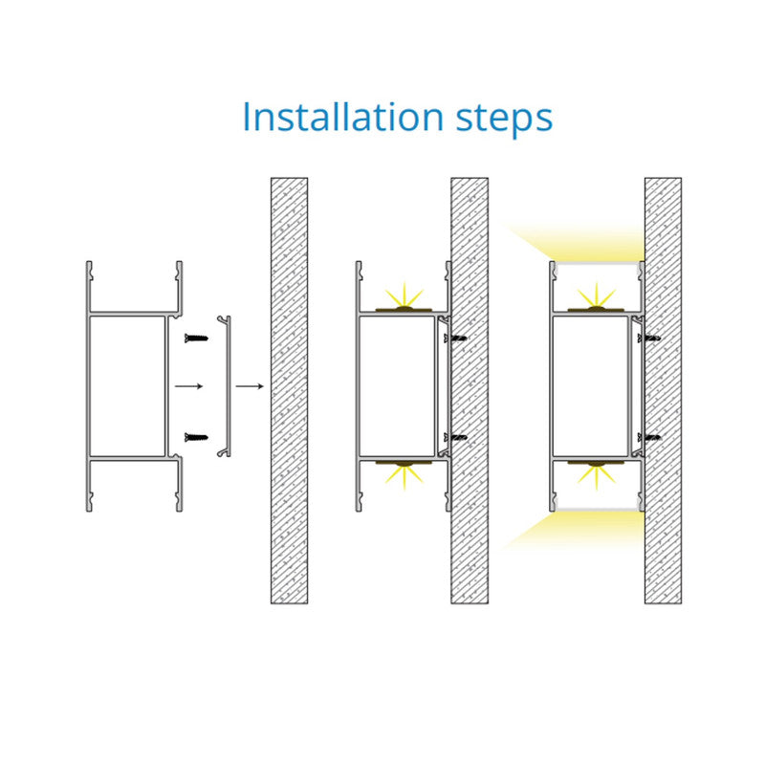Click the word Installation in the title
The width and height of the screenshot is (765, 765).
343,117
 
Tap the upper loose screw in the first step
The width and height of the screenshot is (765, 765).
196,338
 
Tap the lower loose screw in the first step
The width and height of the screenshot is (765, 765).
196,437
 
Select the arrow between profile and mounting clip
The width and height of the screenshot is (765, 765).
188,386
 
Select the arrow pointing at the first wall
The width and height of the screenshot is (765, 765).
250,386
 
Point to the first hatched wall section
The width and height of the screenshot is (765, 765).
290,391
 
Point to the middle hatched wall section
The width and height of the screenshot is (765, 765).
470,391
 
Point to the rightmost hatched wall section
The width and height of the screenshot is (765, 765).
663,391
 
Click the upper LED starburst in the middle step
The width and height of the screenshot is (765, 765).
404,295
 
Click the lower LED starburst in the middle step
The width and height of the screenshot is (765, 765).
404,476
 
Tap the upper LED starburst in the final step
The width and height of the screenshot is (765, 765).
596,295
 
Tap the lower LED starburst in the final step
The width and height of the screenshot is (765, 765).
596,476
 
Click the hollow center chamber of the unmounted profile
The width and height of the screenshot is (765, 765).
128,386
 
